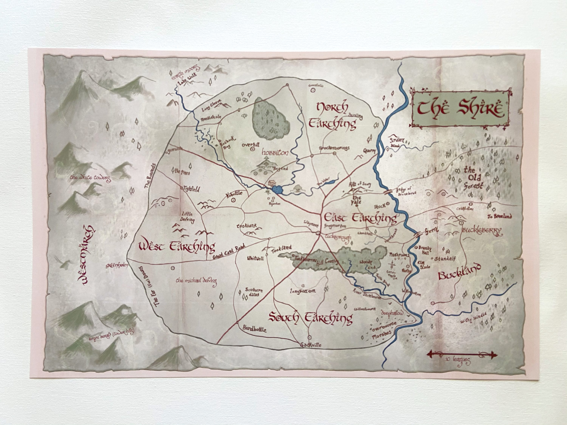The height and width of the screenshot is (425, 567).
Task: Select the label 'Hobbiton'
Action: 275,153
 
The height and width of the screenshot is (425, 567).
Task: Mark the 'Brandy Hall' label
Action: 425,250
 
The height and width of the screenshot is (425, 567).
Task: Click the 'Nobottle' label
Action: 234,194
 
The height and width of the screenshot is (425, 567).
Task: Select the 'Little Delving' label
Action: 188,217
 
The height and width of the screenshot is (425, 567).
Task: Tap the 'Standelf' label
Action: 445,259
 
